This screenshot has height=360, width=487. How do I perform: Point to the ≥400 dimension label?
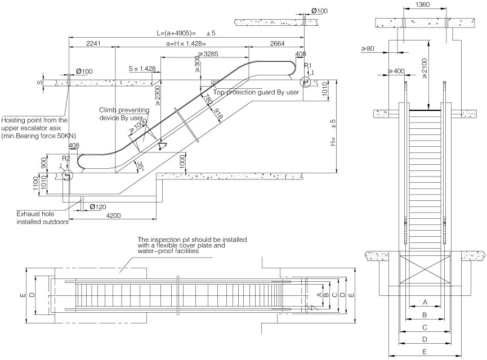pos(396,72)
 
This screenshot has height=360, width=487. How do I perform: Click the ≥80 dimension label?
pos(369,49)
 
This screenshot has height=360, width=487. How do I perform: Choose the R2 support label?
pos(66,159)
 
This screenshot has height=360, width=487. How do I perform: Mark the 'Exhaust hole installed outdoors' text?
pos(42,218)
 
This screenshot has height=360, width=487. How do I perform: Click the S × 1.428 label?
pos(142,69)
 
